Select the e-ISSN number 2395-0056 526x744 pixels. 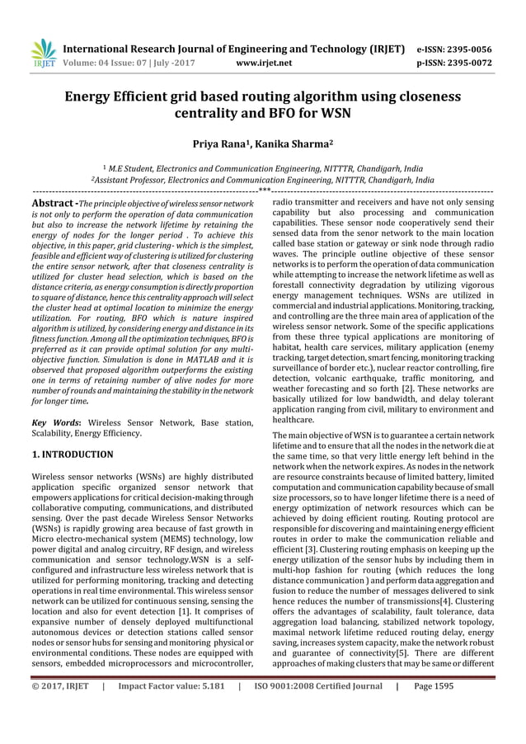point(491,49)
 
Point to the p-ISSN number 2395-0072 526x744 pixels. point(491,61)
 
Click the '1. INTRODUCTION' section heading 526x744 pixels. point(73,454)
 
